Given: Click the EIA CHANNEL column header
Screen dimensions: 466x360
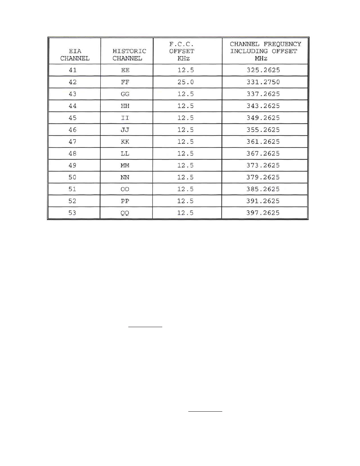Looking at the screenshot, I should point(75,55).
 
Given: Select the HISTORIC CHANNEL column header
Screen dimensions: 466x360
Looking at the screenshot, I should point(129,55).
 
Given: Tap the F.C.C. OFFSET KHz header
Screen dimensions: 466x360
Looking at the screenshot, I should point(182,51).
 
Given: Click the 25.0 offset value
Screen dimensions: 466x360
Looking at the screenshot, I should point(186,82).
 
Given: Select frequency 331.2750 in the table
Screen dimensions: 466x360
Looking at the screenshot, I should point(263,82).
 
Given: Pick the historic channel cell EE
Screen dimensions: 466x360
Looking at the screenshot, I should point(125,70).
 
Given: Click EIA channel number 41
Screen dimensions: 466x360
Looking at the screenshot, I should point(72,70).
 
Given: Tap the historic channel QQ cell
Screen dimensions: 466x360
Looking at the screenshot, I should point(125,213).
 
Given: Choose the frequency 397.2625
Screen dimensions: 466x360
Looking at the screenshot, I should point(263,213).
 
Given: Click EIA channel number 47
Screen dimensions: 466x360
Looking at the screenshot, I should point(72,141).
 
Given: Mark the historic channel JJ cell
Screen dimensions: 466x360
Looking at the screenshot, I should point(125,130).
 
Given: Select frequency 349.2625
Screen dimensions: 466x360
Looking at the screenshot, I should point(263,118).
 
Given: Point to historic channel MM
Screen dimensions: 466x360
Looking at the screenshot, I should point(125,165).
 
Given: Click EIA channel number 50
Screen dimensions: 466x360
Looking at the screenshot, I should point(72,177).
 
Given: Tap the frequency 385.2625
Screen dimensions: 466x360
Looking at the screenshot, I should point(263,189).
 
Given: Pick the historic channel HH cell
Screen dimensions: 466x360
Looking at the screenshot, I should point(125,106).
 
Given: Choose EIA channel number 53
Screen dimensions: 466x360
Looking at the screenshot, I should point(72,213).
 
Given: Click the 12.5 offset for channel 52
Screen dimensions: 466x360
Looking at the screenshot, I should point(185,201).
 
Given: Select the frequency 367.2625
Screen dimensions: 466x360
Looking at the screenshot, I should point(263,154).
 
